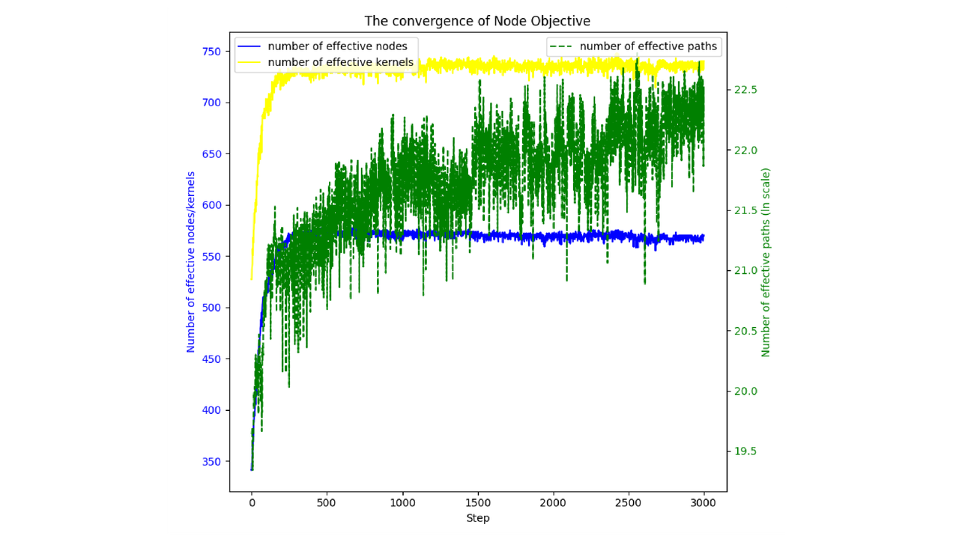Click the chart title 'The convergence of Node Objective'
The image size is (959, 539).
(x=477, y=20)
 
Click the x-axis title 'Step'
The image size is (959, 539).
(x=477, y=518)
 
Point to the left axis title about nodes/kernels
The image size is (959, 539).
(x=190, y=262)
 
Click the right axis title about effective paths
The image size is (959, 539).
(x=766, y=262)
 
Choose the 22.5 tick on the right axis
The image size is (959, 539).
(x=745, y=90)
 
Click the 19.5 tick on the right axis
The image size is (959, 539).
(x=745, y=451)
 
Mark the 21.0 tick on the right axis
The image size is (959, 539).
(x=745, y=271)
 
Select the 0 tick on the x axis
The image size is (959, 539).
(x=252, y=502)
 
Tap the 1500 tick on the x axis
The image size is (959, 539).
(x=478, y=502)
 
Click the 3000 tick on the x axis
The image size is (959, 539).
(x=704, y=502)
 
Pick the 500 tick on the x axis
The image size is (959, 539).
(x=327, y=502)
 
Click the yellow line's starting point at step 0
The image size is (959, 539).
(x=252, y=279)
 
